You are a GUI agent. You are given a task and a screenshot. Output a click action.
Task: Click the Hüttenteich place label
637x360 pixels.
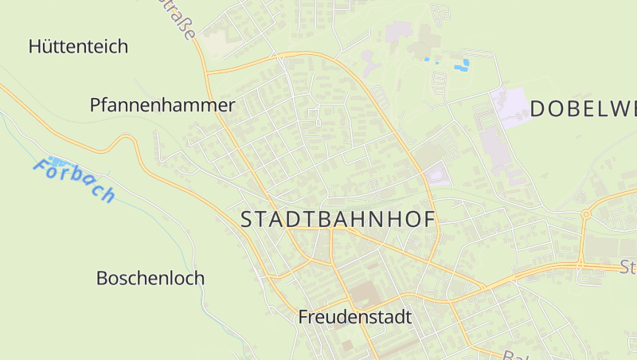(x=78, y=46)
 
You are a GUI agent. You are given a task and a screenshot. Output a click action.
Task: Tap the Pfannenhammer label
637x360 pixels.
(x=162, y=105)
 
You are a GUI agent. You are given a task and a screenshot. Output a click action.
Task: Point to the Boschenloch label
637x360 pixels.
(x=150, y=279)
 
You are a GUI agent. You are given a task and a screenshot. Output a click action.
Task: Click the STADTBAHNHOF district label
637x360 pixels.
(x=338, y=220)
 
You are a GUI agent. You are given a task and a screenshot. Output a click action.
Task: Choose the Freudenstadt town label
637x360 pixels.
(x=354, y=317)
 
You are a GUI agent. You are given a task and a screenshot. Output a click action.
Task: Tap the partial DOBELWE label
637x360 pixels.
(x=583, y=109)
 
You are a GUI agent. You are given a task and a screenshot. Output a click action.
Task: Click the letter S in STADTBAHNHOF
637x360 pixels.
(x=246, y=220)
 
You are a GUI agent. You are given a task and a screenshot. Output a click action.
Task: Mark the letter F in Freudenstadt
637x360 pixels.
(x=303, y=317)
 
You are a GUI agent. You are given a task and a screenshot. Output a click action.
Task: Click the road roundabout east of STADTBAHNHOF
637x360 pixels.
(x=586, y=214)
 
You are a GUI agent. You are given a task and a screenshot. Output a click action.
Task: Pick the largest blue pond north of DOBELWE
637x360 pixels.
(x=461, y=65)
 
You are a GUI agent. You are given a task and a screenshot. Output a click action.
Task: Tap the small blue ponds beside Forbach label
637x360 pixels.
(x=57, y=161)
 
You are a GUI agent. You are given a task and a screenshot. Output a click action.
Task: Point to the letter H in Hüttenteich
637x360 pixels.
(x=34, y=46)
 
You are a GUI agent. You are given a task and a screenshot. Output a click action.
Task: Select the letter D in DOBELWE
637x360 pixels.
(x=537, y=109)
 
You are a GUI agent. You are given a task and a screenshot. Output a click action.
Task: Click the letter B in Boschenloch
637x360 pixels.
(x=101, y=279)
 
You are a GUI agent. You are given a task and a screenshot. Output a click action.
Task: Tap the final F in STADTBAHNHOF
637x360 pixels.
(x=431, y=220)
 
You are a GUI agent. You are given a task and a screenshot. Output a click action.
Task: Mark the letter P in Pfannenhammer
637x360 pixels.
(x=95, y=105)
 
